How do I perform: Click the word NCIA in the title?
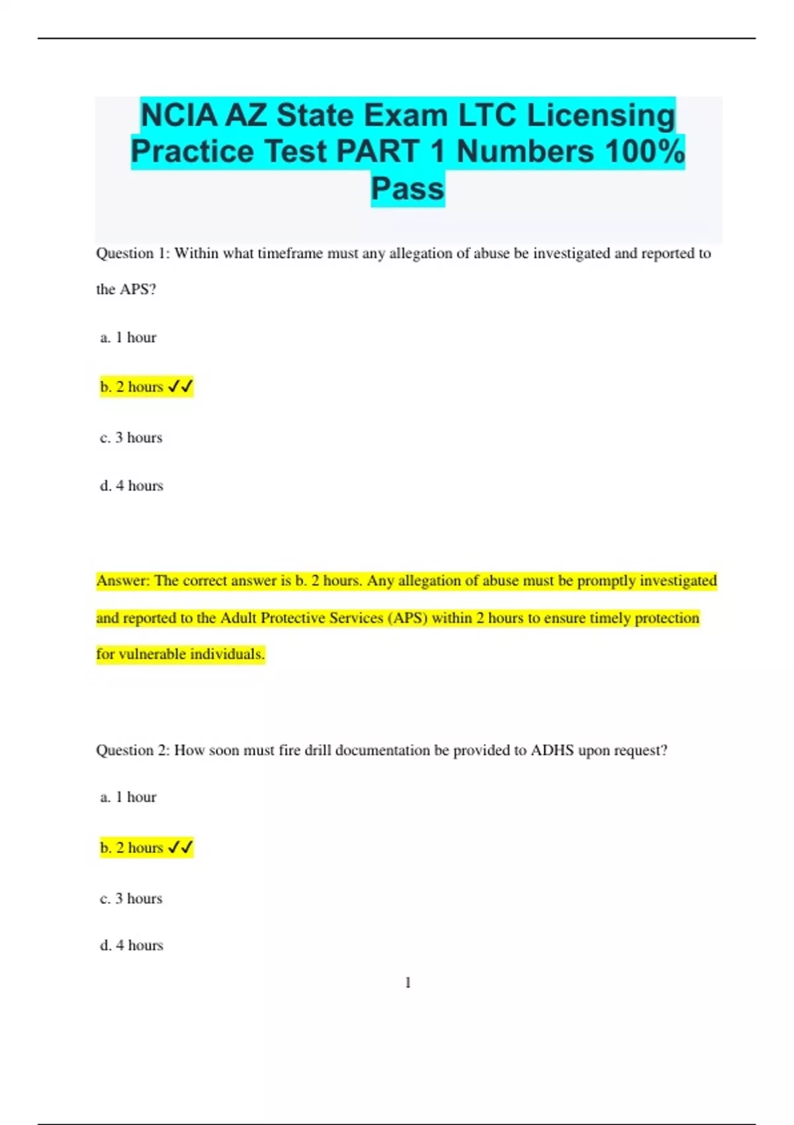click(x=179, y=116)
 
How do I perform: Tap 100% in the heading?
click(x=644, y=152)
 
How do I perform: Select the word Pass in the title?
click(x=408, y=189)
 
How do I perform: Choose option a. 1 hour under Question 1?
click(x=128, y=337)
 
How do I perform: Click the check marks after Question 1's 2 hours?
click(x=180, y=386)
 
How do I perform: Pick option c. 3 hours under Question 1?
click(x=131, y=437)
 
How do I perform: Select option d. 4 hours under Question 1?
click(x=132, y=486)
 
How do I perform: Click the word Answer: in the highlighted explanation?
click(x=124, y=581)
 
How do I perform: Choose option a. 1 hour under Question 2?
click(x=128, y=797)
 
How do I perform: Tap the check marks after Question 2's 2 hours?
click(x=180, y=848)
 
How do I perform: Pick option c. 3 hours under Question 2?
click(x=131, y=899)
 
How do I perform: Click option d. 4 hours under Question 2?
click(x=132, y=946)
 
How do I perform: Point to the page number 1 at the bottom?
click(x=408, y=983)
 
